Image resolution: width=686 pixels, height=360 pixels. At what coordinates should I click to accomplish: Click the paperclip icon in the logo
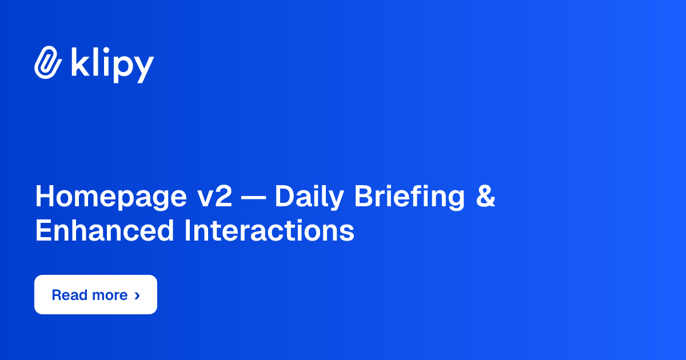pos(48,62)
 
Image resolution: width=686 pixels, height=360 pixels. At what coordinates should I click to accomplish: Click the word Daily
pos(308,197)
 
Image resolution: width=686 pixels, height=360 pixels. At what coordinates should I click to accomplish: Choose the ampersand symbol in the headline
pos(485,197)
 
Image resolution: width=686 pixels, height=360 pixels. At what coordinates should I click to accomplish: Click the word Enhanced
pos(104,231)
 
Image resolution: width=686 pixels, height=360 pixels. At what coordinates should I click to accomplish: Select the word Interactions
pos(269,231)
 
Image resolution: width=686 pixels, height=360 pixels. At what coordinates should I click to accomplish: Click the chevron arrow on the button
pos(137,295)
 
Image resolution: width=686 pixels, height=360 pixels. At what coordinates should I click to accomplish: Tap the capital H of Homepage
pos(45,197)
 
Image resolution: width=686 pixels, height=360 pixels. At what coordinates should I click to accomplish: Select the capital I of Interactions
pos(187,231)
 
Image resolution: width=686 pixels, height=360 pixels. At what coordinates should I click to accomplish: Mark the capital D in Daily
pos(284,197)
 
